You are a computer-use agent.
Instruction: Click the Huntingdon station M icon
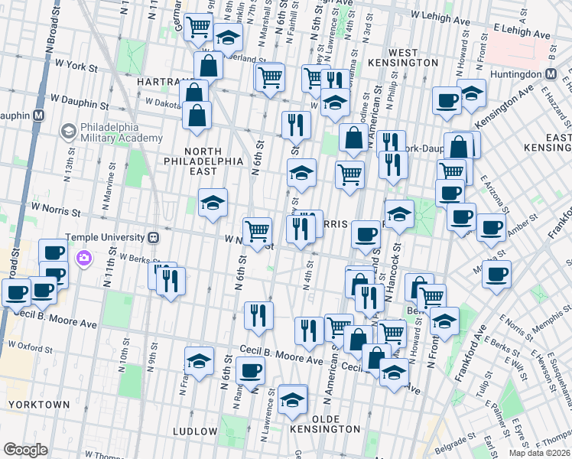[x=550, y=73]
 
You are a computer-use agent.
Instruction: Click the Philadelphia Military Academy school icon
[x=68, y=132]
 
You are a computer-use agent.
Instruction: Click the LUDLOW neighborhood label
[x=195, y=431]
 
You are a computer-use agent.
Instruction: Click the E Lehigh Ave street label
[x=522, y=35]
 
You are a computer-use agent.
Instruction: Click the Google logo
[x=25, y=449]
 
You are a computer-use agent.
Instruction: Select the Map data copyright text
[x=538, y=453]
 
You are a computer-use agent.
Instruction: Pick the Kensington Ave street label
[x=505, y=107]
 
